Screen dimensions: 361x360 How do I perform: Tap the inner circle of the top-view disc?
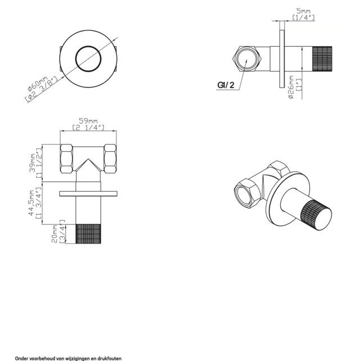[x=88, y=58]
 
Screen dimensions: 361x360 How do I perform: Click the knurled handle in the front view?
[x=88, y=236]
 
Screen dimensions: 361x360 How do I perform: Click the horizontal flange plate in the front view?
[x=88, y=193]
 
